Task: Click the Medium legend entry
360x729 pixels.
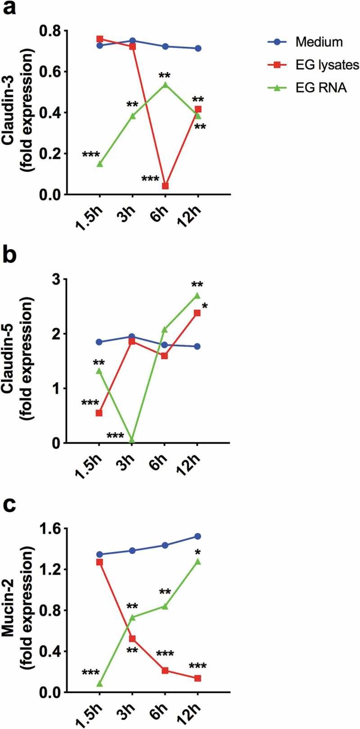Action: click(319, 42)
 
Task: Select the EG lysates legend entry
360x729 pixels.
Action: click(327, 65)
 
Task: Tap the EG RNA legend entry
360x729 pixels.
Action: click(321, 88)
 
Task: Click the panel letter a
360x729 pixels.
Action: click(10, 9)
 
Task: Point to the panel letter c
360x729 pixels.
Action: click(10, 506)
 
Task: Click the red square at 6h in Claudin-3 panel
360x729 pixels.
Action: click(165, 186)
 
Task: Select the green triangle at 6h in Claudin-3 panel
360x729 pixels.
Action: click(165, 84)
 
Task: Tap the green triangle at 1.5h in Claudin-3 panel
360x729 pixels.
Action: click(99, 164)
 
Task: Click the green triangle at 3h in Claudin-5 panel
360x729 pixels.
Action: click(132, 440)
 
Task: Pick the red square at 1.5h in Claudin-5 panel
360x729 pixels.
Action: click(99, 413)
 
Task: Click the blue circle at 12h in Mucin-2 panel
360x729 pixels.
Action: click(198, 536)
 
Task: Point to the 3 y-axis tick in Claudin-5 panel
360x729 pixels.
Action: click(57, 279)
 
